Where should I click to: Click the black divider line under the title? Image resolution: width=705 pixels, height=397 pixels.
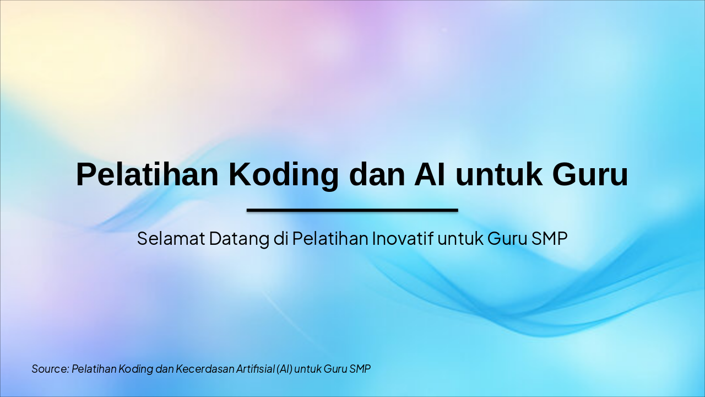(x=352, y=210)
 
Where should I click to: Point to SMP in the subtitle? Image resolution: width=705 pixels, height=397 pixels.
(x=549, y=239)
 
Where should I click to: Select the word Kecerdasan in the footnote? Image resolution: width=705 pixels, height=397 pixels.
(x=204, y=368)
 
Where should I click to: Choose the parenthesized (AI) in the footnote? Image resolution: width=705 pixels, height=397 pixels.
(x=284, y=368)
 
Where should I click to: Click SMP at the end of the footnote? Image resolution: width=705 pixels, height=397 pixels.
(x=360, y=368)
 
